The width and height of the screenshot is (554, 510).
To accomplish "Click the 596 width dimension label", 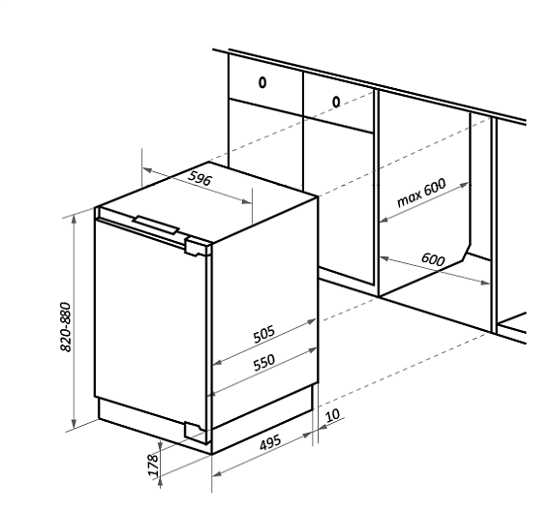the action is pyautogui.click(x=200, y=178).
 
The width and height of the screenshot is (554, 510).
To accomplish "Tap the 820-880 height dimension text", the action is pyautogui.click(x=66, y=327).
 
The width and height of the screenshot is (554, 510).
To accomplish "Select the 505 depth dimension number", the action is pyautogui.click(x=264, y=335).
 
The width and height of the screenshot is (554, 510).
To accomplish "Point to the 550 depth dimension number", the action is pyautogui.click(x=264, y=363).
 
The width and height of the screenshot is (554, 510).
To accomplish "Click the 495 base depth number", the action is pyautogui.click(x=270, y=442).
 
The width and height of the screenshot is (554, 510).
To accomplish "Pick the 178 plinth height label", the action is pyautogui.click(x=152, y=465).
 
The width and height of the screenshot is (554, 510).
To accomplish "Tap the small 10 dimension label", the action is pyautogui.click(x=332, y=415).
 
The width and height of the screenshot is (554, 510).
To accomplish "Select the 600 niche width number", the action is pyautogui.click(x=433, y=259).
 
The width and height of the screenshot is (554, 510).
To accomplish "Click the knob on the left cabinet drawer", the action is pyautogui.click(x=262, y=83).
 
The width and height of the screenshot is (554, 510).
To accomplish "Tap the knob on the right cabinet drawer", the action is pyautogui.click(x=336, y=103).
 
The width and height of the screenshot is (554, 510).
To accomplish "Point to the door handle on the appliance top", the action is pyautogui.click(x=156, y=225).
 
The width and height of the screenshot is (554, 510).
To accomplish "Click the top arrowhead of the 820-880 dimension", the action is pyautogui.click(x=74, y=219).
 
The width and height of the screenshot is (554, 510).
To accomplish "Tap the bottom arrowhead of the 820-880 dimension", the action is pyautogui.click(x=74, y=423).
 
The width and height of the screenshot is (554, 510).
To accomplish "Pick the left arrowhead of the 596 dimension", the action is pyautogui.click(x=147, y=170).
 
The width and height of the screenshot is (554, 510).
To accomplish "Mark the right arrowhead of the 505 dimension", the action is pyautogui.click(x=312, y=321).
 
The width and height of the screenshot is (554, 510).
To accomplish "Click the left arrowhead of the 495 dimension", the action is pyautogui.click(x=217, y=473).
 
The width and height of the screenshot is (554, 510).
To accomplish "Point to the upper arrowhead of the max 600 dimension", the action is pyautogui.click(x=464, y=185).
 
